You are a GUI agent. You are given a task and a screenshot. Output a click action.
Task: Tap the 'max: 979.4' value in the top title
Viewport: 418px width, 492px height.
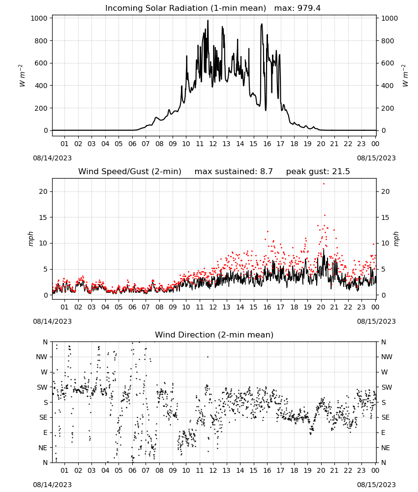pyautogui.click(x=298, y=8)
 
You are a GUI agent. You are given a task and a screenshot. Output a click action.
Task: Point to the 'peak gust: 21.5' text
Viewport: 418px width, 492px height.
pyautogui.click(x=318, y=172)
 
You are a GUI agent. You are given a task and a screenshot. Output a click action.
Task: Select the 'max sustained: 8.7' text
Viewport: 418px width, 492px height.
pyautogui.click(x=234, y=172)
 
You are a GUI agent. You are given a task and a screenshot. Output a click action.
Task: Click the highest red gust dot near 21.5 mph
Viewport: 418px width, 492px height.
pyautogui.click(x=324, y=184)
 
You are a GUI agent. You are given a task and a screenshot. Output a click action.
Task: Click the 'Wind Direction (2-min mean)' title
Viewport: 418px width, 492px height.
pyautogui.click(x=214, y=335)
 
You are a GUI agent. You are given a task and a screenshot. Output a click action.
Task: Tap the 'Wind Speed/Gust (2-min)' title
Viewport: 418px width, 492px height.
pyautogui.click(x=130, y=172)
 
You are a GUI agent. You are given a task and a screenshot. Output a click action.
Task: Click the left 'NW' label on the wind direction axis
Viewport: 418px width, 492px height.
pyautogui.click(x=42, y=357)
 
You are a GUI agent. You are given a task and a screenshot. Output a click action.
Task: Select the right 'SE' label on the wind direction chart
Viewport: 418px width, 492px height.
pyautogui.click(x=386, y=418)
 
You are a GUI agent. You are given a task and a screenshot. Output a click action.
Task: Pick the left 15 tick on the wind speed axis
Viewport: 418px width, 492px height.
pyautogui.click(x=43, y=217)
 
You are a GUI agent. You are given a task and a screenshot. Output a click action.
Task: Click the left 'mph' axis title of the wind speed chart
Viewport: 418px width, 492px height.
pyautogui.click(x=30, y=239)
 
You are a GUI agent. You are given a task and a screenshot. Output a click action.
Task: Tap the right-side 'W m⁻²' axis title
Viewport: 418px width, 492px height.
pyautogui.click(x=405, y=76)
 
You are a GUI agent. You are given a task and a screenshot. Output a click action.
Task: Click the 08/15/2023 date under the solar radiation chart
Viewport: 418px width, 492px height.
pyautogui.click(x=376, y=158)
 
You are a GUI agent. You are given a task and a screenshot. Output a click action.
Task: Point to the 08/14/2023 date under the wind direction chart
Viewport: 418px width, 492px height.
pyautogui.click(x=52, y=485)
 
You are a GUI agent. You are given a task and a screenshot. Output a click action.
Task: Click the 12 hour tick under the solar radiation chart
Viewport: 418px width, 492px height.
pyautogui.click(x=213, y=144)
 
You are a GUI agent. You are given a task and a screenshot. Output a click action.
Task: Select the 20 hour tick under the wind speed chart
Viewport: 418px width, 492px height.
pyautogui.click(x=321, y=307)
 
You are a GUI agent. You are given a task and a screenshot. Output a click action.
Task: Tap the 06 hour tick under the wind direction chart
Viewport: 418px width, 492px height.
pyautogui.click(x=132, y=470)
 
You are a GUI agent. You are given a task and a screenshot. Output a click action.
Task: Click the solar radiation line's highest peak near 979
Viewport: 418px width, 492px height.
pyautogui.click(x=208, y=20)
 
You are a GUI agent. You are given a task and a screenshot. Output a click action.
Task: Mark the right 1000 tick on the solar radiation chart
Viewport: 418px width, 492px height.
pyautogui.click(x=389, y=18)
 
